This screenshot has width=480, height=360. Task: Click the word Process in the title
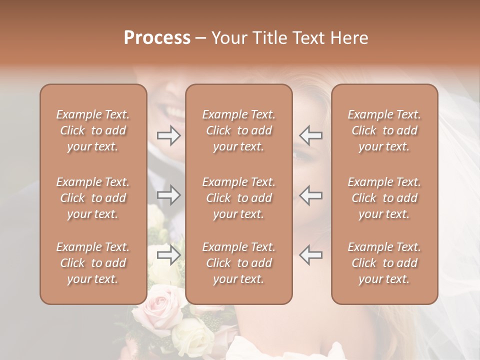point(157,38)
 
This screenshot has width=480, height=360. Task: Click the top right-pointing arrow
point(168,135)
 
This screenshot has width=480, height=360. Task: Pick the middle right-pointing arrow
point(168,195)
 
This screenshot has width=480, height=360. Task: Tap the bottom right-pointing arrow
point(168,255)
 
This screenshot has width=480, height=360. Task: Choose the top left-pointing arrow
point(310,135)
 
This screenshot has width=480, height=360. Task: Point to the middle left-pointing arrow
point(310,195)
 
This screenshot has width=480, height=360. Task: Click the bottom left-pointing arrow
point(310,255)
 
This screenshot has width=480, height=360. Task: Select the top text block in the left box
point(93,130)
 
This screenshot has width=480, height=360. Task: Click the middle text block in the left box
point(93,198)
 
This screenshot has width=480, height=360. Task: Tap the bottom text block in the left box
point(93,263)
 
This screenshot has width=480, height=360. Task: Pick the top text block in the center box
point(239,130)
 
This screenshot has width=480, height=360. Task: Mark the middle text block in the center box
point(239,198)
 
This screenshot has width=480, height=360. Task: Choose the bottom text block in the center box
point(239,263)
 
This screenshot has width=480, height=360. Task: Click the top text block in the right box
point(384,130)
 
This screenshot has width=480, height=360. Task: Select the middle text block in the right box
point(384,198)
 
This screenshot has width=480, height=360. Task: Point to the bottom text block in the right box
point(384,263)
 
